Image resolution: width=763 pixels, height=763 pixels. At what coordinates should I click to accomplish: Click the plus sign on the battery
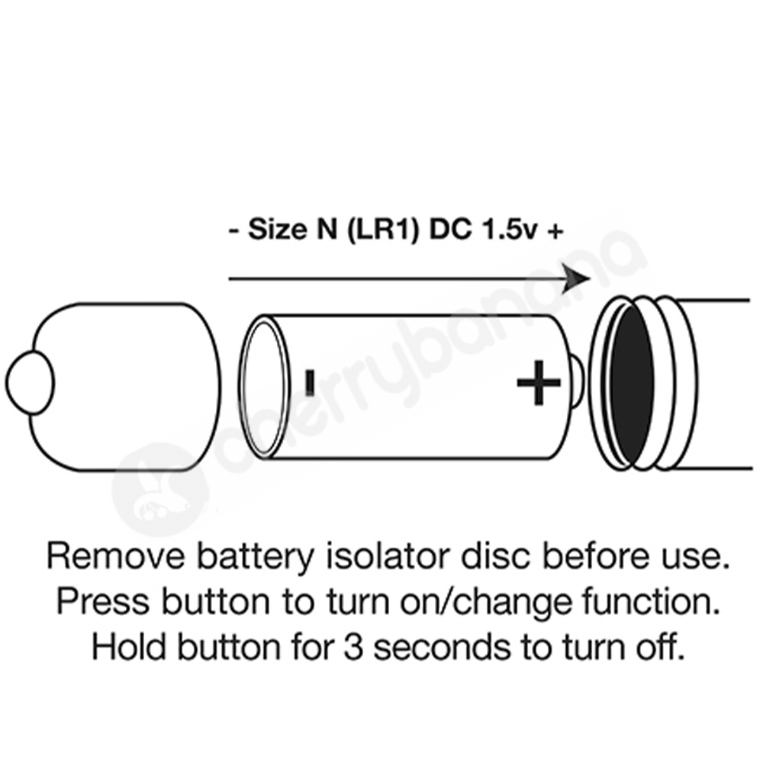pyautogui.click(x=538, y=382)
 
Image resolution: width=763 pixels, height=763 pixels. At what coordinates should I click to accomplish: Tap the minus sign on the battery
pyautogui.click(x=310, y=382)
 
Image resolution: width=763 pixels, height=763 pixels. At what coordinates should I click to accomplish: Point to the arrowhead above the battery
pyautogui.click(x=576, y=278)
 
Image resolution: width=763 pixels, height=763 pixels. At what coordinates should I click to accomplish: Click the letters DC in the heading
pyautogui.click(x=450, y=229)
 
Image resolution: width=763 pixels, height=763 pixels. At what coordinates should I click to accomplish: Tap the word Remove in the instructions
pyautogui.click(x=116, y=556)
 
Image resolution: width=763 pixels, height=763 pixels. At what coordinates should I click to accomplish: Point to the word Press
pyautogui.click(x=103, y=601)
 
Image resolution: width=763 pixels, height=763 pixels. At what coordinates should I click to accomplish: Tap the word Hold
pyautogui.click(x=129, y=647)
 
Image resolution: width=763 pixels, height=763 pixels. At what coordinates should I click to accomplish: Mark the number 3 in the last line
pyautogui.click(x=354, y=648)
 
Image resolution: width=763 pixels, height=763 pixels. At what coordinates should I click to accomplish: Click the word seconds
pyautogui.click(x=442, y=647)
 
